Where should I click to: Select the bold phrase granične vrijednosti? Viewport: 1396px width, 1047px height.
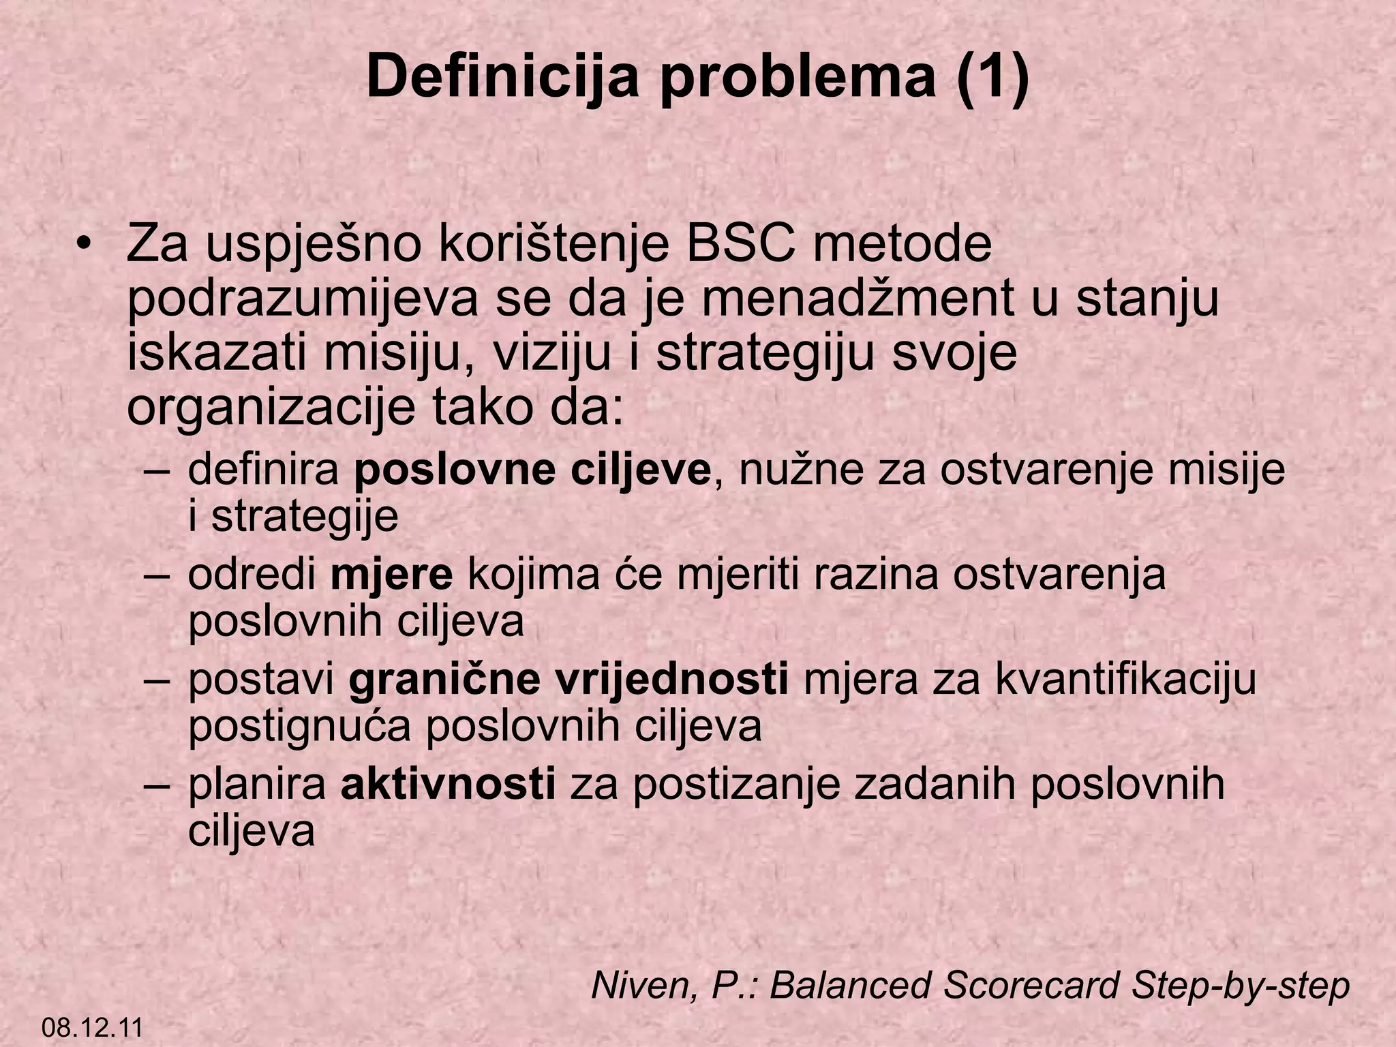pyautogui.click(x=568, y=680)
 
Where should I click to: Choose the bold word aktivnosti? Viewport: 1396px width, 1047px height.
pyautogui.click(x=448, y=785)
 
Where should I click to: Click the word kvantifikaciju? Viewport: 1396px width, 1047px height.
pyautogui.click(x=1125, y=680)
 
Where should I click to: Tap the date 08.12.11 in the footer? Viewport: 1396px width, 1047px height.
pyautogui.click(x=92, y=1027)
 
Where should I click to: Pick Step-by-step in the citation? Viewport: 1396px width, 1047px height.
pyautogui.click(x=1241, y=986)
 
